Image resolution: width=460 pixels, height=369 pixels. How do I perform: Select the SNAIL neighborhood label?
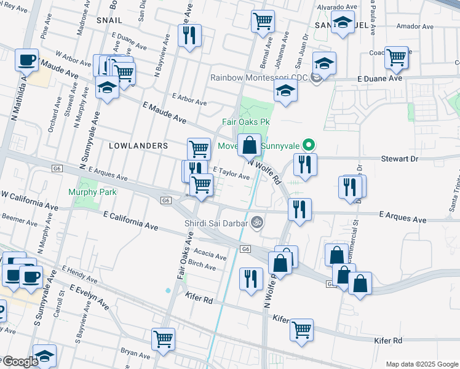tap(110, 20)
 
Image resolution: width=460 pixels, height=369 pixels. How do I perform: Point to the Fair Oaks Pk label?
tap(246, 122)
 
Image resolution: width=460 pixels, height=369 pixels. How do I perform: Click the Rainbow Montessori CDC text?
tap(258, 77)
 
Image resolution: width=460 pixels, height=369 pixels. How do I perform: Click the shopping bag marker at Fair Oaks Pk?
tap(249, 146)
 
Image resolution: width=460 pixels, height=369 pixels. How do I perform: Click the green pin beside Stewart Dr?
tap(310, 145)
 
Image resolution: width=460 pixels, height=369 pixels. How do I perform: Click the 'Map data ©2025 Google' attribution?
tap(421, 364)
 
